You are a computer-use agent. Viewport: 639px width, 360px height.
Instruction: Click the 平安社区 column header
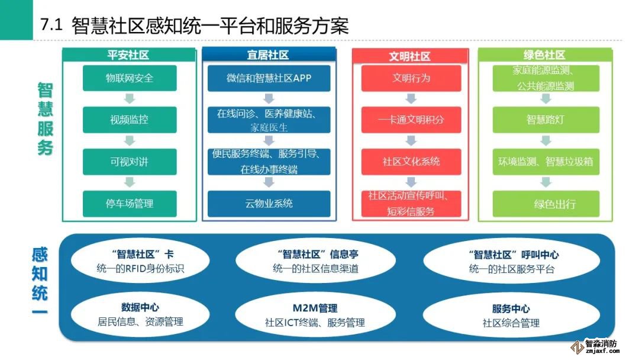128,55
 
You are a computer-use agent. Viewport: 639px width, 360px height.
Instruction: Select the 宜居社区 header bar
269,55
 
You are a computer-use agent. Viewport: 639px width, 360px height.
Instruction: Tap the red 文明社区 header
409,56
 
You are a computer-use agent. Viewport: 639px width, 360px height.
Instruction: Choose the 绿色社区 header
545,55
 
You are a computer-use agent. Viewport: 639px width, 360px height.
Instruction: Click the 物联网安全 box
130,78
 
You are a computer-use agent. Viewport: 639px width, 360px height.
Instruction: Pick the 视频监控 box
130,120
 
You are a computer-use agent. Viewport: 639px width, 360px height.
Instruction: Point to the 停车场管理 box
130,203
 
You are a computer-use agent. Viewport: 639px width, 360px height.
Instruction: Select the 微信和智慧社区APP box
269,78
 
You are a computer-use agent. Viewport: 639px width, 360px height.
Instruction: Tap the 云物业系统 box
269,203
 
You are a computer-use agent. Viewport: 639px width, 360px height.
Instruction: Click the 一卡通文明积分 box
410,120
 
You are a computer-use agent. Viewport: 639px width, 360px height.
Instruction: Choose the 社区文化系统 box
410,162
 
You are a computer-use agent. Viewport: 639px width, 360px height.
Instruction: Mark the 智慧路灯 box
546,120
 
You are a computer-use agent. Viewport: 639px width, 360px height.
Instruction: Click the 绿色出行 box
546,204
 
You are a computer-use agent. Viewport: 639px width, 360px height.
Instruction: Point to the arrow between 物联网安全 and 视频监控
130,99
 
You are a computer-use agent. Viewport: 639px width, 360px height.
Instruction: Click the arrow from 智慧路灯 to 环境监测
546,141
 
